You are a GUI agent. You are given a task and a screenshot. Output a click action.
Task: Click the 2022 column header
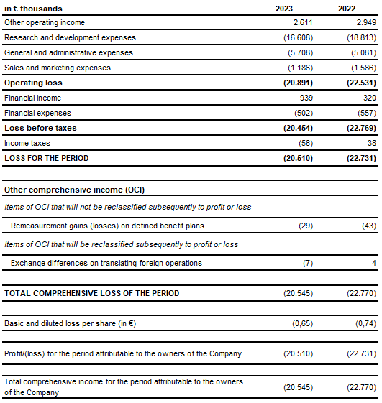click(347, 9)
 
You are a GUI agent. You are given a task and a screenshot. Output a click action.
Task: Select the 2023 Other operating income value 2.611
click(296, 22)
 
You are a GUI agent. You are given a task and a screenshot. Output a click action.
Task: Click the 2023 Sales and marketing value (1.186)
click(297, 68)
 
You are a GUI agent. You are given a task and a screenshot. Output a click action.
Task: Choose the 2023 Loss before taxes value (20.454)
click(296, 128)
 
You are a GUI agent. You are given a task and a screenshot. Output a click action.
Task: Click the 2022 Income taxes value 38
click(370, 143)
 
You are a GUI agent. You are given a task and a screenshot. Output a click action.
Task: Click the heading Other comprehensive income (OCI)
click(74, 190)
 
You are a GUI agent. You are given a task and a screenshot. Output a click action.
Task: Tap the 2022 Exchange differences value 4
click(374, 263)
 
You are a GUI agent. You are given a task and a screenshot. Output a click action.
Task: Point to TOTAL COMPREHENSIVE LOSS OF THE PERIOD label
click(92, 293)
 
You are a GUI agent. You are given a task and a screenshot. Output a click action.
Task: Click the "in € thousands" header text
click(33, 9)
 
